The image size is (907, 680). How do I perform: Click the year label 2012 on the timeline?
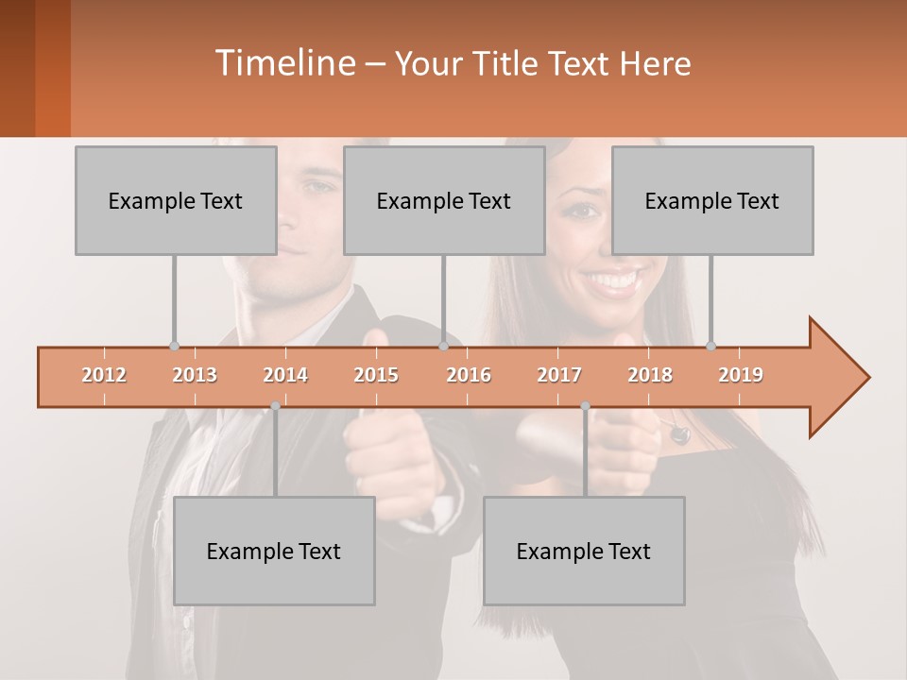coord(104,375)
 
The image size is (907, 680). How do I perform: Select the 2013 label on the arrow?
coord(195,375)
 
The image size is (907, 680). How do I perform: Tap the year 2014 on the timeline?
coord(285,375)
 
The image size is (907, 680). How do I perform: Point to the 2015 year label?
coord(376,375)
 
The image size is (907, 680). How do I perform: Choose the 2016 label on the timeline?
coord(469,375)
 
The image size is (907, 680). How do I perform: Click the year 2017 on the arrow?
coord(559,375)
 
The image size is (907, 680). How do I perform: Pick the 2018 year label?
coord(650,375)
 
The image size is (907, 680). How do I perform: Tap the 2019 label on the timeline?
coord(741,375)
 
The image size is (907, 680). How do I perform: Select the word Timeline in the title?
coord(283,63)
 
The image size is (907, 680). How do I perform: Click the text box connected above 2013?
coord(176,200)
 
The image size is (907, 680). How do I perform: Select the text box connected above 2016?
coord(444,200)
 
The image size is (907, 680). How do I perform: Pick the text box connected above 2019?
coord(712,200)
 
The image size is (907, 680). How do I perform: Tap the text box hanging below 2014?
coord(274,551)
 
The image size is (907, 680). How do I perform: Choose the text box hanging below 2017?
coord(584,551)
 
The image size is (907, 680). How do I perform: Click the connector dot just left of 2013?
coord(174,346)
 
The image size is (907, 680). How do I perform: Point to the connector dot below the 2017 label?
coord(585,406)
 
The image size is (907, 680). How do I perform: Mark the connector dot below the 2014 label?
coord(275,406)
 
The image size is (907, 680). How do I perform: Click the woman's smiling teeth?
coord(614,280)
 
